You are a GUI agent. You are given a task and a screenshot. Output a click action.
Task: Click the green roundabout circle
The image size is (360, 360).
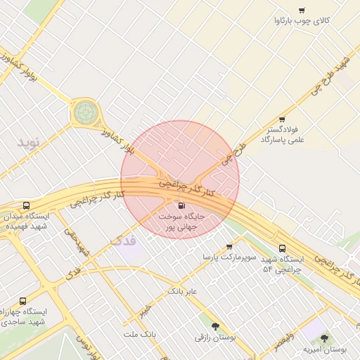[86, 111]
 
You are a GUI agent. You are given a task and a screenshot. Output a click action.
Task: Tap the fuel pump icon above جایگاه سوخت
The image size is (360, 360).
[182, 206]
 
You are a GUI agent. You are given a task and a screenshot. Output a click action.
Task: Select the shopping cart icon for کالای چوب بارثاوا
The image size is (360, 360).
[302, 10]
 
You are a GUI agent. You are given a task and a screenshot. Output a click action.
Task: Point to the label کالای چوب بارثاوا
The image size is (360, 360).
[302, 21]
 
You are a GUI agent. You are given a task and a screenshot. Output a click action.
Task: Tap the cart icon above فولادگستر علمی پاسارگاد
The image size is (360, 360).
[282, 120]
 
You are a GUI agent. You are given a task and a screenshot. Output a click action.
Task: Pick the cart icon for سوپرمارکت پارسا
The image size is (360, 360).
[229, 246]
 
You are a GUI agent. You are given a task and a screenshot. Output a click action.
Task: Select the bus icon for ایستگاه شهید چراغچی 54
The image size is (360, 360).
[282, 248]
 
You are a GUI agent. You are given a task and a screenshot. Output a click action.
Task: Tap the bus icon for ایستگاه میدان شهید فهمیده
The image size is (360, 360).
[26, 205]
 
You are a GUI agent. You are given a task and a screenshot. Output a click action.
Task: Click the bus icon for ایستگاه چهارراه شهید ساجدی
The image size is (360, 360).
[23, 300]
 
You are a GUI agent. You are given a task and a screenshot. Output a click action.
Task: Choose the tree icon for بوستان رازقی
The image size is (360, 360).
[214, 326]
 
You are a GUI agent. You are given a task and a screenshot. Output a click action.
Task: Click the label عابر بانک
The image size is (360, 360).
[182, 290]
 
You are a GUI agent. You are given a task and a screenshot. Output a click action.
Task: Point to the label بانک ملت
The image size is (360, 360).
[139, 334]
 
